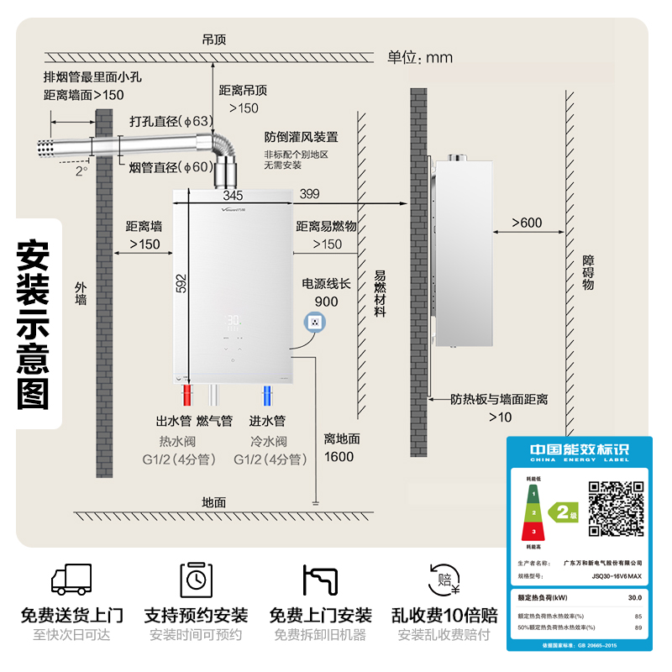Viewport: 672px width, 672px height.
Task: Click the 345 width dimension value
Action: pyautogui.click(x=233, y=196)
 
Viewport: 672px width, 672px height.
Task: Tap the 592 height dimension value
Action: pyautogui.click(x=181, y=283)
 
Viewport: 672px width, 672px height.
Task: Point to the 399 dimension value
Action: pyautogui.click(x=309, y=195)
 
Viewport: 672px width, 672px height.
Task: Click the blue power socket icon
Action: pyautogui.click(x=315, y=322)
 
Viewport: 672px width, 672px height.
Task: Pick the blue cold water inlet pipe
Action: pyautogui.click(x=266, y=395)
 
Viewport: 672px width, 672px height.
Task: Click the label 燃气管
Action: pyautogui.click(x=214, y=421)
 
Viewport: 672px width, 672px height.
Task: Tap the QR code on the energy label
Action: pyautogui.click(x=616, y=508)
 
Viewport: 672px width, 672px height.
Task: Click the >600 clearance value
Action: pyautogui.click(x=528, y=223)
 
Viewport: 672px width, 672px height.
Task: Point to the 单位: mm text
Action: pyautogui.click(x=420, y=57)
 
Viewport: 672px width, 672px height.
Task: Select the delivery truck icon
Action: pyautogui.click(x=71, y=580)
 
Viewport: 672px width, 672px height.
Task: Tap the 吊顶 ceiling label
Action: pyautogui.click(x=214, y=39)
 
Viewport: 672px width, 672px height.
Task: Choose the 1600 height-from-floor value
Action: pyautogui.click(x=339, y=457)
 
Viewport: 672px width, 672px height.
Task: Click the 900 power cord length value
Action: pyautogui.click(x=326, y=302)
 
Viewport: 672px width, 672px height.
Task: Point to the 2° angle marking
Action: pyautogui.click(x=81, y=171)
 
